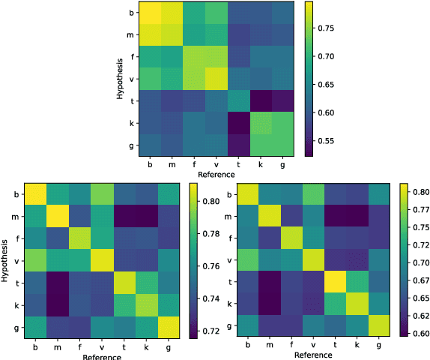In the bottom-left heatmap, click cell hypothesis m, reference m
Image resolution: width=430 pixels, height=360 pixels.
point(58,217)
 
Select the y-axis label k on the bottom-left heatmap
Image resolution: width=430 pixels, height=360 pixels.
point(17,304)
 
